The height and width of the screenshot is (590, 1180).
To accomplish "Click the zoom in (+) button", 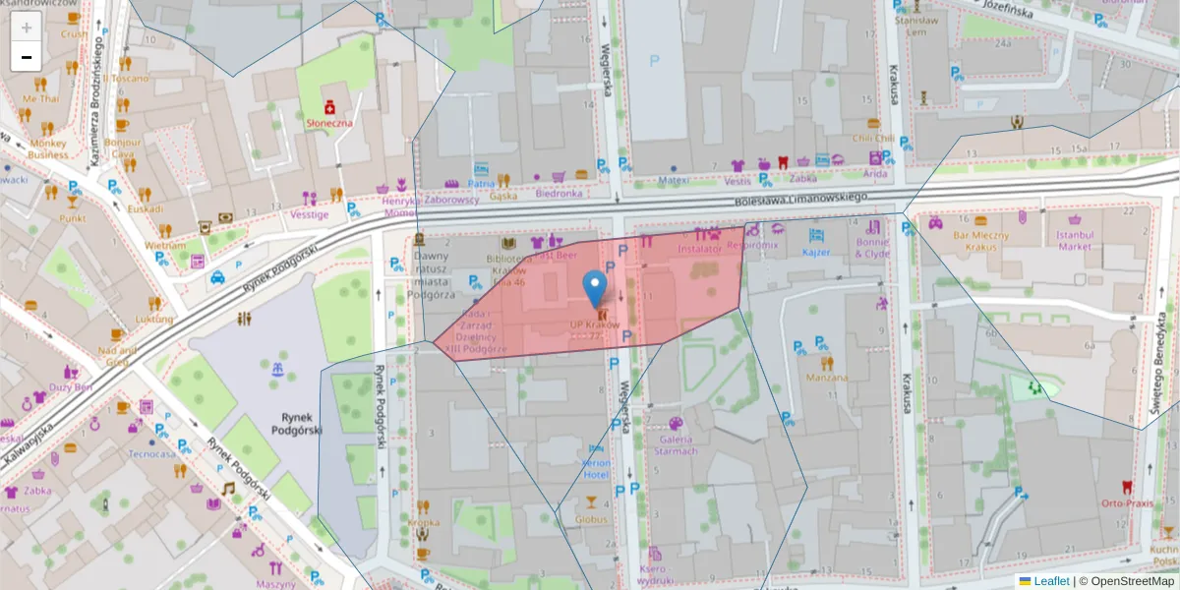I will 27,28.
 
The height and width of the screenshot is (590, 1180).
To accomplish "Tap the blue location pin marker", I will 594,287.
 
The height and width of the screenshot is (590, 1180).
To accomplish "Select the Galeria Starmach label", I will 677,445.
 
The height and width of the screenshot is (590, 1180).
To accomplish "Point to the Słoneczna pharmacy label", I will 330,123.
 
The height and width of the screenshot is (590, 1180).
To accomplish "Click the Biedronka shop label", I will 559,194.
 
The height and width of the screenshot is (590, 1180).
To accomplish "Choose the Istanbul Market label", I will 1075,241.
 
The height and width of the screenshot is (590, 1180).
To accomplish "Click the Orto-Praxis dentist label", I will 1127,503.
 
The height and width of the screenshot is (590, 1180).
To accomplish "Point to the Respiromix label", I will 753,243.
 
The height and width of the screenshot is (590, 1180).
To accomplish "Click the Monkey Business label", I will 48,148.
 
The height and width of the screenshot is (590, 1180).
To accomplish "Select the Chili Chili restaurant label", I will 873,139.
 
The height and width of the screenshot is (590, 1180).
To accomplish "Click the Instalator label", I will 700,250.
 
